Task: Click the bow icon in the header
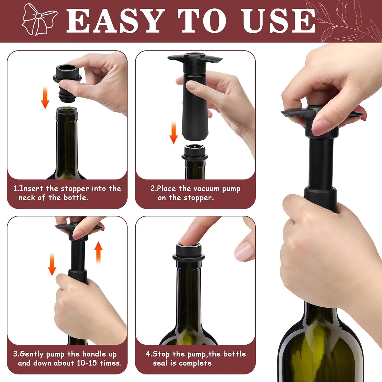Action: point(39,20)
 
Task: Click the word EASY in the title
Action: point(114,21)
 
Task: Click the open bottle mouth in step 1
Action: point(67,108)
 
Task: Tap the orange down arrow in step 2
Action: point(173,132)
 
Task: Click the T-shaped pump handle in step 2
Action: point(195,58)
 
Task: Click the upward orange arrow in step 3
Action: point(98,252)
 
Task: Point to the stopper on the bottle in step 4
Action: point(189,252)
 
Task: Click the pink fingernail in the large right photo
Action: point(321,127)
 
